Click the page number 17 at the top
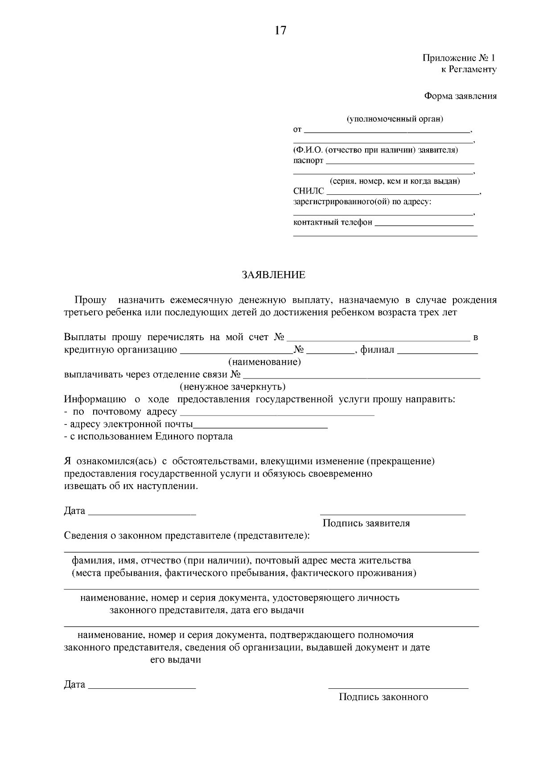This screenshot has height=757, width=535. click(280, 30)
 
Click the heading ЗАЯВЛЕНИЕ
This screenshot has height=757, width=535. click(273, 275)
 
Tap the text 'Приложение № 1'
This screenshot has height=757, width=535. click(459, 58)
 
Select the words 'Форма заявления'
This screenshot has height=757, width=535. click(460, 96)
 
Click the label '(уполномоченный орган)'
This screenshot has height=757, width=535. click(395, 119)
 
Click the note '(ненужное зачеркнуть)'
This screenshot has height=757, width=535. click(232, 387)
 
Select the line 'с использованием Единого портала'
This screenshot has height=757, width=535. click(148, 436)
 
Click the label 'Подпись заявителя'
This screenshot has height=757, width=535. click(366, 523)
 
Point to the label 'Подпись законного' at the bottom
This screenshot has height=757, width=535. click(383, 697)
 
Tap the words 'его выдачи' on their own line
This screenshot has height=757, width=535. click(175, 660)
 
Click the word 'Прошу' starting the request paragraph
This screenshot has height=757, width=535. click(91, 300)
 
